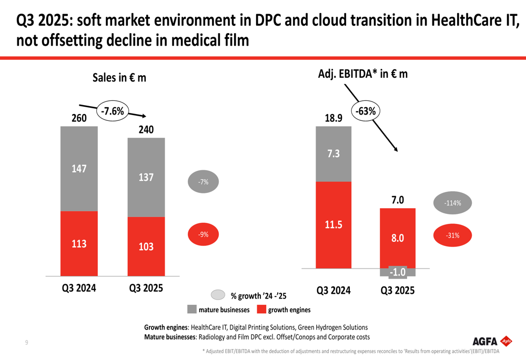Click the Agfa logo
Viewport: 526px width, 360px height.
point(492,342)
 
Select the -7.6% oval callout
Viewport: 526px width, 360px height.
point(112,111)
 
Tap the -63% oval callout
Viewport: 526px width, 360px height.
point(366,111)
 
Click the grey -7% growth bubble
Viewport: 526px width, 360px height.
point(203,182)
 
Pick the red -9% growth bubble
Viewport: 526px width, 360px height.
point(203,234)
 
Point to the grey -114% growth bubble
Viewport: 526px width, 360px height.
point(453,203)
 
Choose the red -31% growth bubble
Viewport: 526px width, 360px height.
point(452,235)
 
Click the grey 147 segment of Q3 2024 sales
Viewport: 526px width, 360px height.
point(79,169)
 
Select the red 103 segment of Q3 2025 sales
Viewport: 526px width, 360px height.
point(146,246)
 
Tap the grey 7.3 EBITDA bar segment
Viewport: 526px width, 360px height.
point(333,154)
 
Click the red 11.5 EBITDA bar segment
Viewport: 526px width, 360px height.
point(333,225)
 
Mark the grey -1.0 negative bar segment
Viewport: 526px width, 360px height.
point(398,272)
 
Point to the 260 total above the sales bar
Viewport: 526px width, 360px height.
point(79,119)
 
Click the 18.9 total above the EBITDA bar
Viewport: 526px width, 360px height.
point(333,119)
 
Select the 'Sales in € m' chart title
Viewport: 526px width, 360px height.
point(119,78)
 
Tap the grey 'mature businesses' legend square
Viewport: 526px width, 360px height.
point(191,309)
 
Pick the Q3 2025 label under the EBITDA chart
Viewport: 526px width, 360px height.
point(398,291)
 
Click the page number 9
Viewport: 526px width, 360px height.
point(27,343)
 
